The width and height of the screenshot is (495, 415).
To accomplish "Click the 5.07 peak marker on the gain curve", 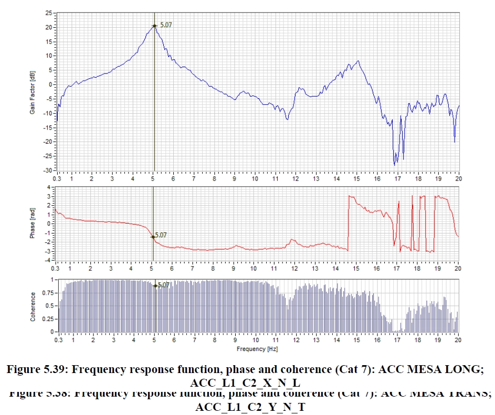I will click(154, 25).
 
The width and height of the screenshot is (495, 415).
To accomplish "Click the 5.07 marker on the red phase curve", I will click(153, 237).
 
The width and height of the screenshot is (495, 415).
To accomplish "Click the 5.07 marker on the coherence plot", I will click(155, 286).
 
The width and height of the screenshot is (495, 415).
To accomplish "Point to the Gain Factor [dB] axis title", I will click(33, 92).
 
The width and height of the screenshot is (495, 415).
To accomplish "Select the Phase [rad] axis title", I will click(33, 224).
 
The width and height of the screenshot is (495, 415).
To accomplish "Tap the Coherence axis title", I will click(33, 306).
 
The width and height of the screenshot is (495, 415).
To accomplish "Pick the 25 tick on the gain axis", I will click(48, 13).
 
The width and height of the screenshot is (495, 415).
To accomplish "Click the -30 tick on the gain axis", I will click(47, 171).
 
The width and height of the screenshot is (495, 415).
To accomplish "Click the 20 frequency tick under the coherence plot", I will click(459, 340).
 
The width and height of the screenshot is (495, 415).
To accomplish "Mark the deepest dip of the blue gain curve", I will click(395, 165).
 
